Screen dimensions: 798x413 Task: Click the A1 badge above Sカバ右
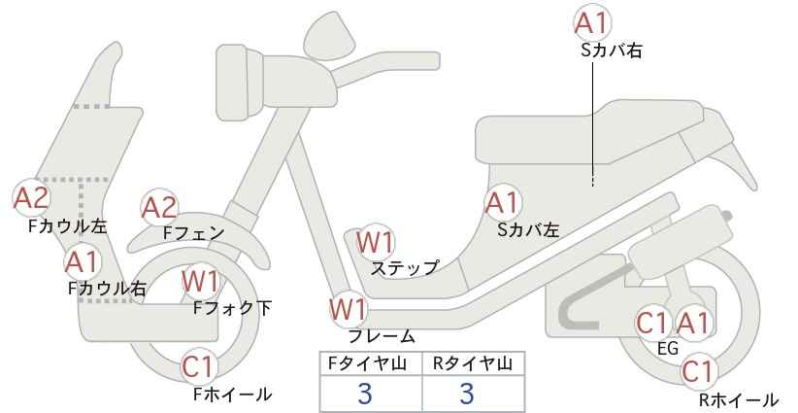(x=592, y=23)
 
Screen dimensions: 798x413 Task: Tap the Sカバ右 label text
(x=612, y=51)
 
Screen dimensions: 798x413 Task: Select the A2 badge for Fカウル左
(x=31, y=197)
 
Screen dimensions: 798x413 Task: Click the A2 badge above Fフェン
(x=159, y=208)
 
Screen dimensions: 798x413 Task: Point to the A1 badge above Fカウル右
(x=82, y=262)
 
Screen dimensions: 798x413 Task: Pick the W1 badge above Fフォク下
(x=200, y=281)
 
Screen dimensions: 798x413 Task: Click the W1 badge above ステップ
(x=375, y=242)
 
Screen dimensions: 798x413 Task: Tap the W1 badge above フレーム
(x=349, y=309)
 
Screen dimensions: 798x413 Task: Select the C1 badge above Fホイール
(x=199, y=366)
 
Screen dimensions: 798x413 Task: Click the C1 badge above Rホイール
(x=698, y=372)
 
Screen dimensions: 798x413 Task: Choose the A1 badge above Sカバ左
(x=502, y=203)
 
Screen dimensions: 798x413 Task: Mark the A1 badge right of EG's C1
(x=692, y=323)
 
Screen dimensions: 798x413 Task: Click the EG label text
(x=668, y=349)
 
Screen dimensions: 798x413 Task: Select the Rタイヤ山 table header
(x=473, y=363)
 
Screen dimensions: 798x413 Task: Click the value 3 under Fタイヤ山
(x=365, y=394)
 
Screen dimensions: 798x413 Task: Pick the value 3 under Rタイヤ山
(x=467, y=394)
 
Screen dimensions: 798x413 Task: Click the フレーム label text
(x=382, y=336)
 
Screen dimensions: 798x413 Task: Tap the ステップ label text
(x=405, y=268)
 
